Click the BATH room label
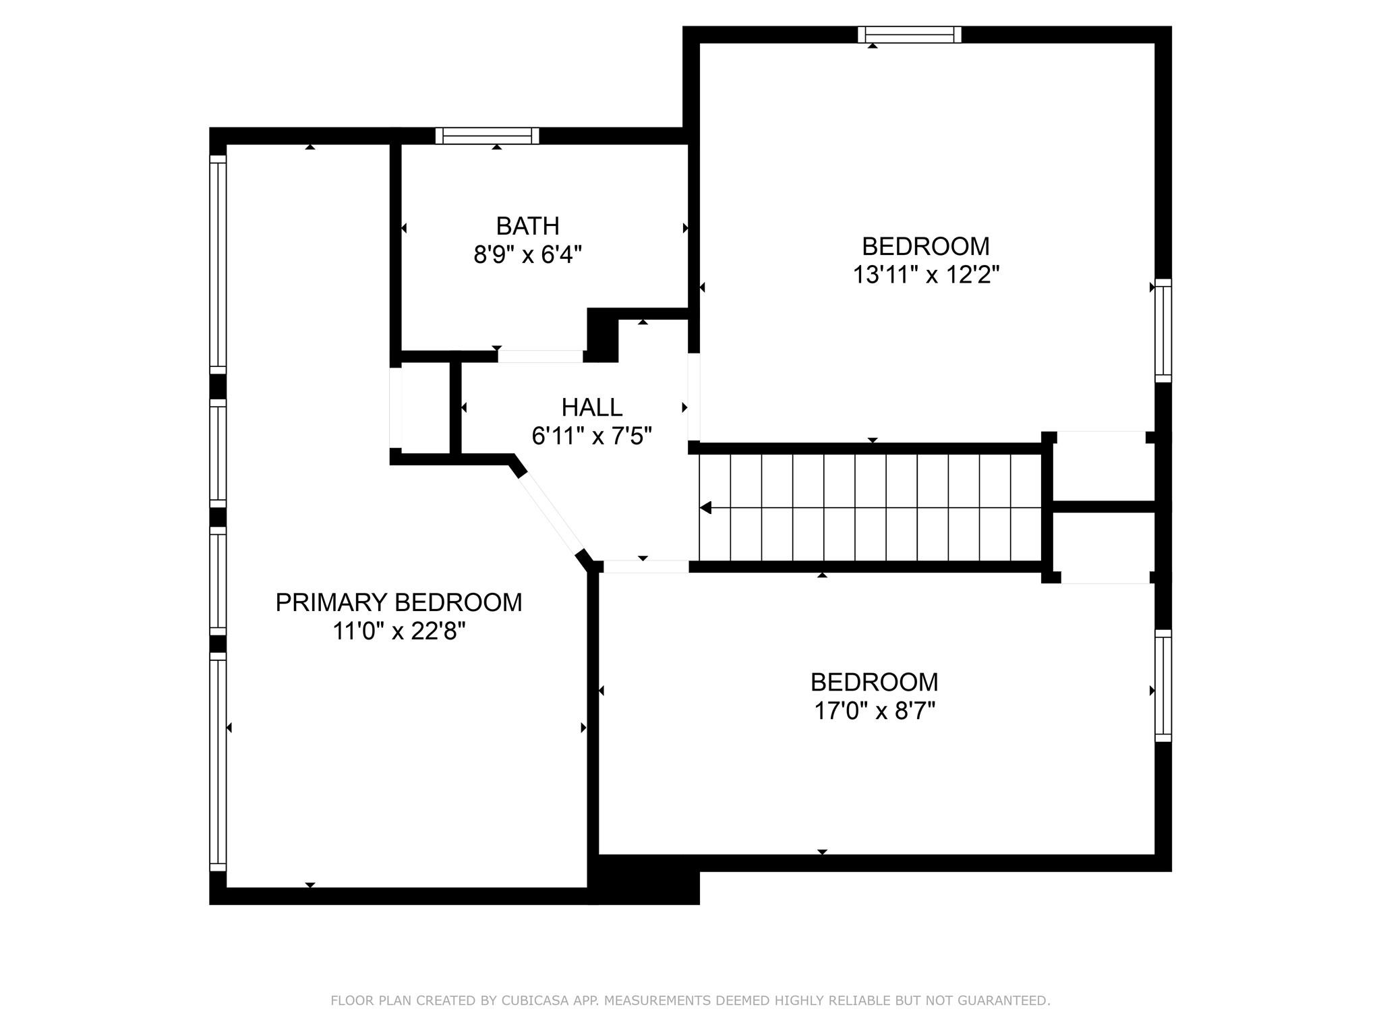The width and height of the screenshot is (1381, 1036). (527, 226)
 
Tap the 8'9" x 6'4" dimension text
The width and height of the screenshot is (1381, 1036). (527, 255)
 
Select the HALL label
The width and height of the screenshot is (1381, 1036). (591, 407)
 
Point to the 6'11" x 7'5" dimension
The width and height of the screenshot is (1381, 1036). (591, 436)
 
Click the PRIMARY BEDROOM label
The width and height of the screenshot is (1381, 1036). (399, 602)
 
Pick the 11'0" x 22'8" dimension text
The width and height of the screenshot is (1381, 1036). (399, 631)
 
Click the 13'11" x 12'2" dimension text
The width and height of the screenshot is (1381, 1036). (926, 275)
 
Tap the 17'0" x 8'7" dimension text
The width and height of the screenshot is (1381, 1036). (875, 711)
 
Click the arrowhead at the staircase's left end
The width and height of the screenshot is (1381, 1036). (705, 507)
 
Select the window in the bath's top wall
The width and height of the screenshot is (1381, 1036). (487, 136)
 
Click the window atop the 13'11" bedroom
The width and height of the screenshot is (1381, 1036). (909, 34)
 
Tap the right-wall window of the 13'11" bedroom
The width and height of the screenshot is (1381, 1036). (1163, 330)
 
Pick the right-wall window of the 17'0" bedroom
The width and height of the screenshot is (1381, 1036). (1163, 685)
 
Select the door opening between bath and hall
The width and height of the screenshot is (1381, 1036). (540, 356)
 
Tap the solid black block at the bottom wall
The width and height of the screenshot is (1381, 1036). (644, 880)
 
